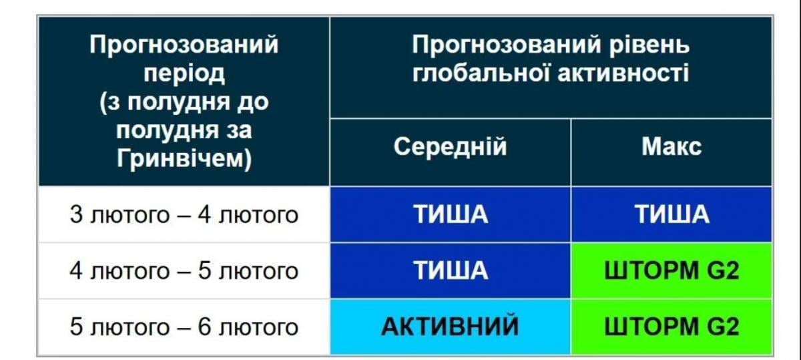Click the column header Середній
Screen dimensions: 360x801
click(x=450, y=146)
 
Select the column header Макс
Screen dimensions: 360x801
click(x=672, y=146)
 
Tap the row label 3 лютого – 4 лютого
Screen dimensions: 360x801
click(x=184, y=215)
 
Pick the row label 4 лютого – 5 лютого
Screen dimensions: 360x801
click(x=184, y=271)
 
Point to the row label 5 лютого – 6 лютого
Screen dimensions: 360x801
click(x=184, y=327)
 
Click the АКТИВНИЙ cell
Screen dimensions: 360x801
click(x=450, y=327)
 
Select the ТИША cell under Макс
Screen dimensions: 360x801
click(x=672, y=214)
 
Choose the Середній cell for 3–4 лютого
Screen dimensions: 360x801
click(x=450, y=214)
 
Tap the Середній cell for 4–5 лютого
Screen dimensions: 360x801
click(x=450, y=271)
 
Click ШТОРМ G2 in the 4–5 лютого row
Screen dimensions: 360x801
click(x=672, y=271)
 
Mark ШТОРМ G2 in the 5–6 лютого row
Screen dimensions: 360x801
click(x=672, y=327)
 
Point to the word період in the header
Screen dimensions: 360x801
click(x=184, y=74)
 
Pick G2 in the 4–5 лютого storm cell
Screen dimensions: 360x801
click(x=722, y=271)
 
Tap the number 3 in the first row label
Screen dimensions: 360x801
click(x=75, y=215)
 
